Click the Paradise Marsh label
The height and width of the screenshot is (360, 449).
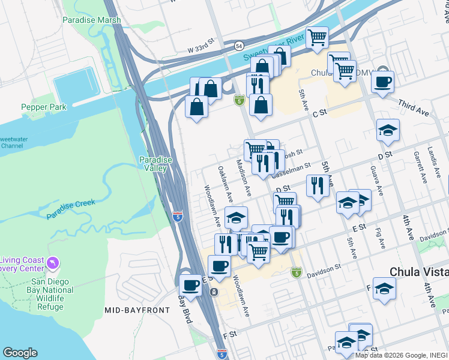91,20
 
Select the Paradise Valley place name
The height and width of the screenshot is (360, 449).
155,164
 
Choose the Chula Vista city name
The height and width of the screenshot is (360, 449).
419,272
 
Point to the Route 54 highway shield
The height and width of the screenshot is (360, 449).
239,46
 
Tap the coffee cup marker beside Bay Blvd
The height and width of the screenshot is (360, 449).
190,284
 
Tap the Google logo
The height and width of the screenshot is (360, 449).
20,353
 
